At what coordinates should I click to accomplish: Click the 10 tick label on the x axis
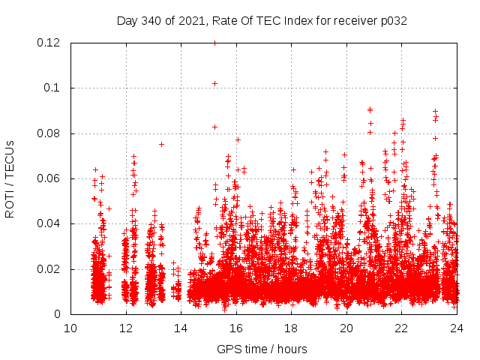pyautogui.click(x=70, y=328)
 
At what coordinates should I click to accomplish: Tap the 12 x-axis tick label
pyautogui.click(x=126, y=328)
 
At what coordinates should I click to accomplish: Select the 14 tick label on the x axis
pyautogui.click(x=181, y=328)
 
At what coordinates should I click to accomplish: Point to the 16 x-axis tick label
pyautogui.click(x=236, y=328)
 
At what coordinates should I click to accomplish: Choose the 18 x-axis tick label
pyautogui.click(x=291, y=328)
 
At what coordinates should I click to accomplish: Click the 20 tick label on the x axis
pyautogui.click(x=346, y=328)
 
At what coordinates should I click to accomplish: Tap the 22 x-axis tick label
pyautogui.click(x=401, y=328)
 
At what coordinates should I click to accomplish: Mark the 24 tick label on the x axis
pyautogui.click(x=456, y=328)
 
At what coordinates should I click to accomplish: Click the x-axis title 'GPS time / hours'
pyautogui.click(x=262, y=349)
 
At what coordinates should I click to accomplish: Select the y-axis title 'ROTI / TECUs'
pyautogui.click(x=10, y=178)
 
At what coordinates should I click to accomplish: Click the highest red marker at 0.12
pyautogui.click(x=214, y=43)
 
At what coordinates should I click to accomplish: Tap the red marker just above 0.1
pyautogui.click(x=214, y=83)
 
